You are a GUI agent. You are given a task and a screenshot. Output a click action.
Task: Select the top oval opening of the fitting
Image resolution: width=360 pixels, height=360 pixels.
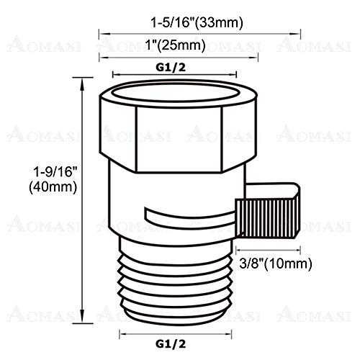coord(173,96)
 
